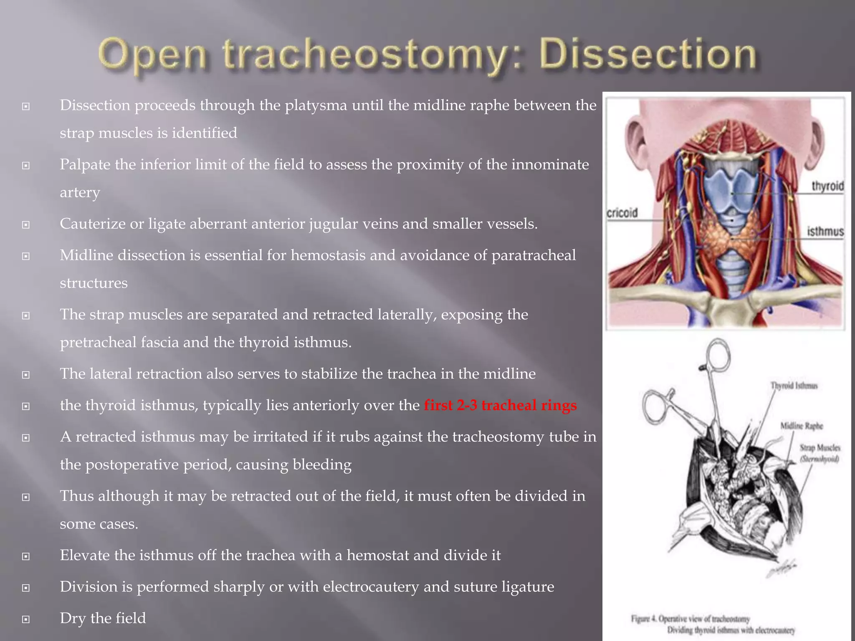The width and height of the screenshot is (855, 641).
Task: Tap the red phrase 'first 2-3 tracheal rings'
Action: click(500, 405)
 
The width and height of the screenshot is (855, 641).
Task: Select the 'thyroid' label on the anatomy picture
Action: click(827, 186)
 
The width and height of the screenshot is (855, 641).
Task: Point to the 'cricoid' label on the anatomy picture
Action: click(622, 213)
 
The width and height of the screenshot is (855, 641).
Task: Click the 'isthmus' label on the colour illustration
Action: click(825, 231)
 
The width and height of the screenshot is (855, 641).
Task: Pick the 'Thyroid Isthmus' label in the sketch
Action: click(794, 386)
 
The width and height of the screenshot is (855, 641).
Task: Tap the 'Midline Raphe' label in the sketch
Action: click(802, 426)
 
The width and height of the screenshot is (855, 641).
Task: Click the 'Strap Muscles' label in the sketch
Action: click(820, 448)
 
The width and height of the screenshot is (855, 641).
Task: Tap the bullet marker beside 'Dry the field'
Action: click(26, 619)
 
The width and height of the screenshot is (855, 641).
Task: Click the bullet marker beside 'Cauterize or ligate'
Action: click(26, 225)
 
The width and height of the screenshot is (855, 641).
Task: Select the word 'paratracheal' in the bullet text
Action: click(533, 255)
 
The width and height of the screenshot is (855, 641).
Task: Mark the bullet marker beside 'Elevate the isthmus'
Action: click(26, 556)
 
